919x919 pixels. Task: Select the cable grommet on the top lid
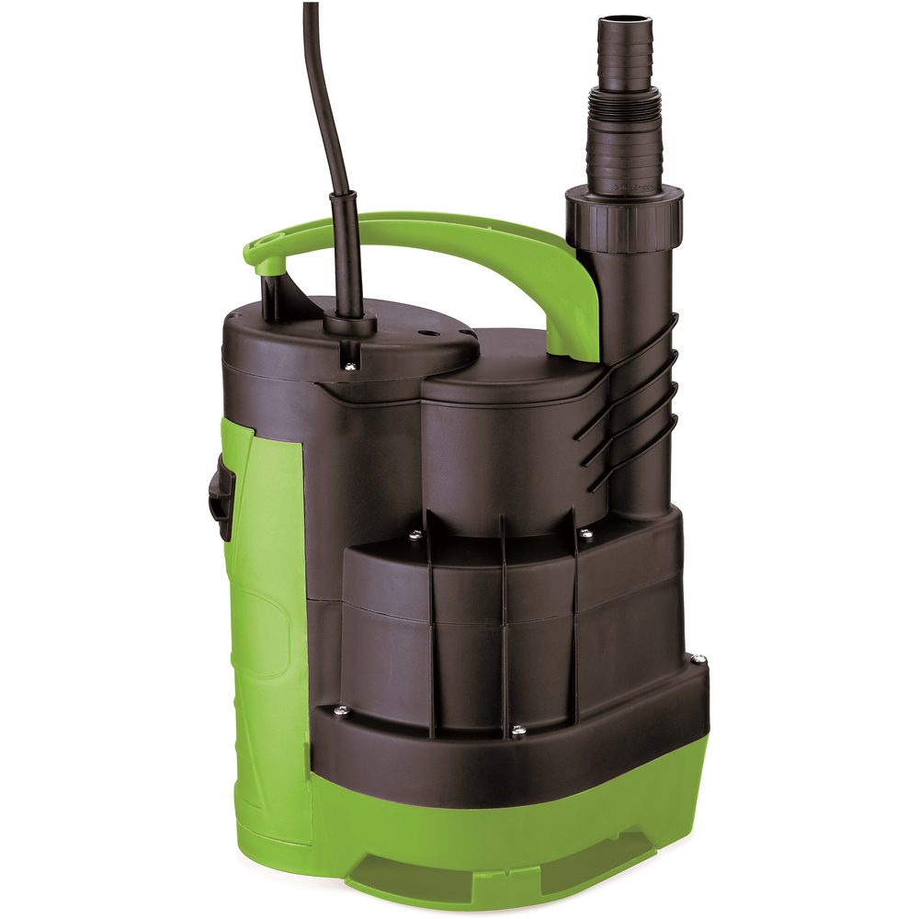pyautogui.click(x=349, y=323)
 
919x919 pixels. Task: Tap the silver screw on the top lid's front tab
pyautogui.click(x=351, y=367)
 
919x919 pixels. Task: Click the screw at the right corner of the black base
pyautogui.click(x=698, y=659)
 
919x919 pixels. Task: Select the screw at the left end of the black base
pyautogui.click(x=341, y=709)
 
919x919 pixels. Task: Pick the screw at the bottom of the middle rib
pyautogui.click(x=517, y=731)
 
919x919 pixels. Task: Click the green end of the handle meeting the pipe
pyautogui.click(x=579, y=312)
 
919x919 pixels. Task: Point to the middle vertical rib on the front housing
pyautogui.click(x=505, y=625)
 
